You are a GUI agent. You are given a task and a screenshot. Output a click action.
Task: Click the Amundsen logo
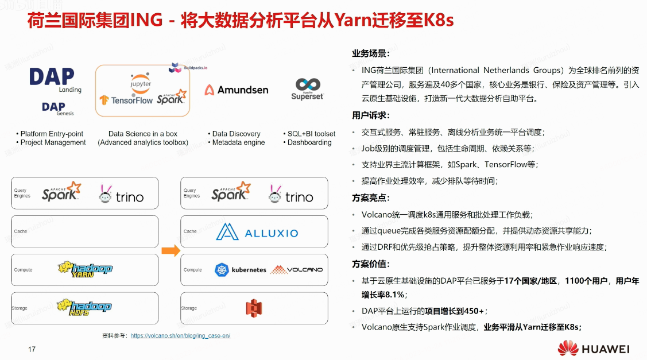pyautogui.click(x=236, y=90)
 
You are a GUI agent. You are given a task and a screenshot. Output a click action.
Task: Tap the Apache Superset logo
pyautogui.click(x=307, y=90)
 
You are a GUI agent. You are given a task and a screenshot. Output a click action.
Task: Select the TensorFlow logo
pyautogui.click(x=126, y=100)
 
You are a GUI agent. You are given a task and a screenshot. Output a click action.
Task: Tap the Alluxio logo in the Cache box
pyautogui.click(x=257, y=232)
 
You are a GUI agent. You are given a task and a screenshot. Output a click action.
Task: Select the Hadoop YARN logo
pyautogui.click(x=84, y=269)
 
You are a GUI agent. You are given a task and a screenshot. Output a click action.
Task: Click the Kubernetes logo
pyautogui.click(x=241, y=269)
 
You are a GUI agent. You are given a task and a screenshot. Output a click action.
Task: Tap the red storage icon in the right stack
pyautogui.click(x=254, y=308)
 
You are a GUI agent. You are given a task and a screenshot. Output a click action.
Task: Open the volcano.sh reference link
pyautogui.click(x=180, y=335)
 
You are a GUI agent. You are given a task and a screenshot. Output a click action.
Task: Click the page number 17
pyautogui.click(x=32, y=349)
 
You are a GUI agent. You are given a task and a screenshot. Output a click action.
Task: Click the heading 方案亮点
pyautogui.click(x=371, y=198)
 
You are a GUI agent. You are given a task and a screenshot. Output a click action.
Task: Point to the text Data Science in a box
pyautogui.click(x=142, y=134)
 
